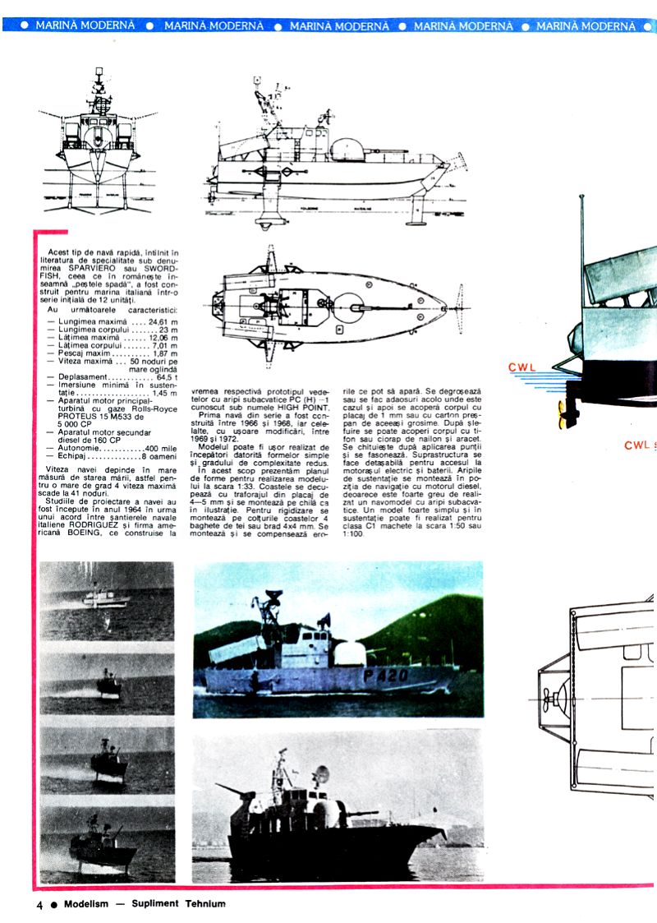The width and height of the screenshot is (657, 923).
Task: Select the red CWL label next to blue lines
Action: coord(523,368)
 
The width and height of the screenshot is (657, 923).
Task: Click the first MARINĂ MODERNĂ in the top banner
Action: coord(85,25)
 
